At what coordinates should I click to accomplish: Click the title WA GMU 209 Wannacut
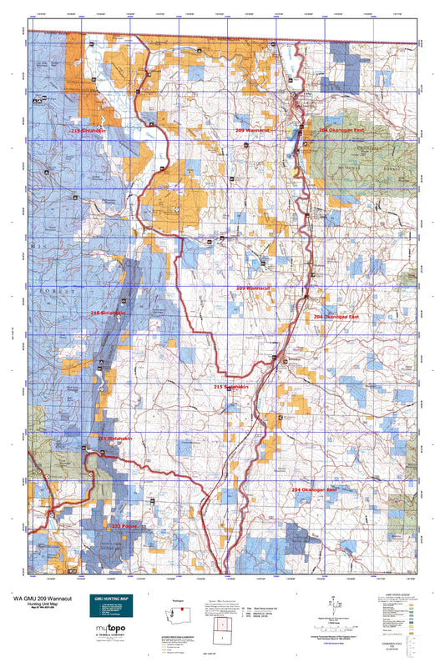tap(40, 598)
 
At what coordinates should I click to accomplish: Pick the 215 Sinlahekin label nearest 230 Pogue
tap(115, 438)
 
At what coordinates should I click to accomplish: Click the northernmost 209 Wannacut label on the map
tap(253, 131)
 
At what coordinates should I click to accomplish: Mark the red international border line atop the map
tap(250, 38)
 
